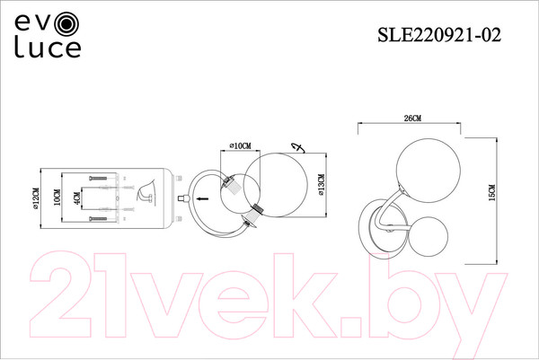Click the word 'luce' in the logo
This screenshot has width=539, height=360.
tap(47, 48)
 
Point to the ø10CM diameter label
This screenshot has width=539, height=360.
tap(240, 145)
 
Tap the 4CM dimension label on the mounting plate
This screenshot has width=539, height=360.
tap(78, 199)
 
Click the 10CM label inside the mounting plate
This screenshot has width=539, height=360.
tap(57, 198)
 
